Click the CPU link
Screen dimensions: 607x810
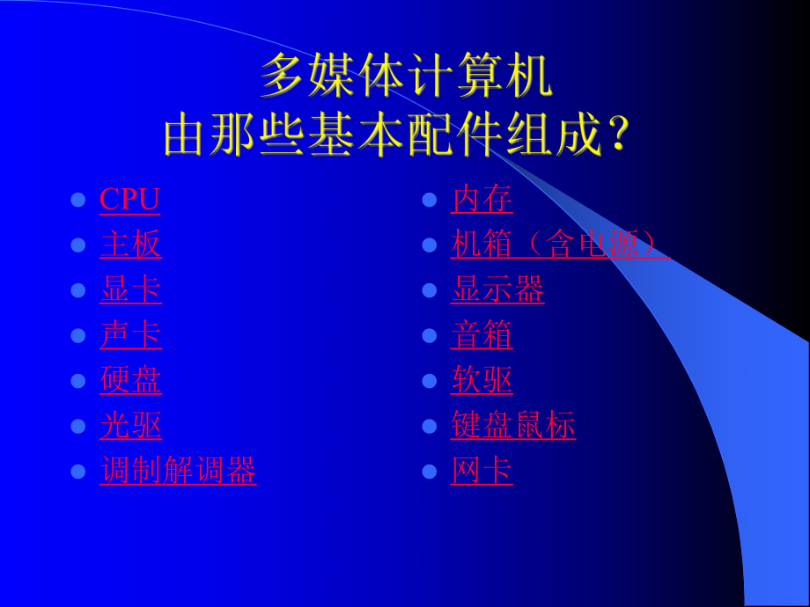coord(129,199)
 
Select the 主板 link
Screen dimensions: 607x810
coord(130,245)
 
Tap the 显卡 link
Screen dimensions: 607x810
coord(130,289)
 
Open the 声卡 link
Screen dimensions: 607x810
coord(130,335)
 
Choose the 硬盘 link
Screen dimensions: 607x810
coord(130,380)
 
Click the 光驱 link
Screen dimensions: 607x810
coord(130,426)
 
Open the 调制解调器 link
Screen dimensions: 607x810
coord(178,472)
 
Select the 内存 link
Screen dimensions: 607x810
coord(482,199)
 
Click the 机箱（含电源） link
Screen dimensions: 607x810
coord(559,245)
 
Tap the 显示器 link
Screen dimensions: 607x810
coord(497,289)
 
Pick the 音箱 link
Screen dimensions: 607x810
coord(482,335)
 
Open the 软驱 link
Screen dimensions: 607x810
coord(482,380)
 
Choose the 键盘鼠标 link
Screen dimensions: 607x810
coord(513,426)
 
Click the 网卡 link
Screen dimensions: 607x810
coord(482,472)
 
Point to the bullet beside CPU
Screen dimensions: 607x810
coord(77,200)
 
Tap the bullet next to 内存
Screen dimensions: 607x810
coord(430,200)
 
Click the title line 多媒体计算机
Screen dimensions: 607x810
coord(406,77)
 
